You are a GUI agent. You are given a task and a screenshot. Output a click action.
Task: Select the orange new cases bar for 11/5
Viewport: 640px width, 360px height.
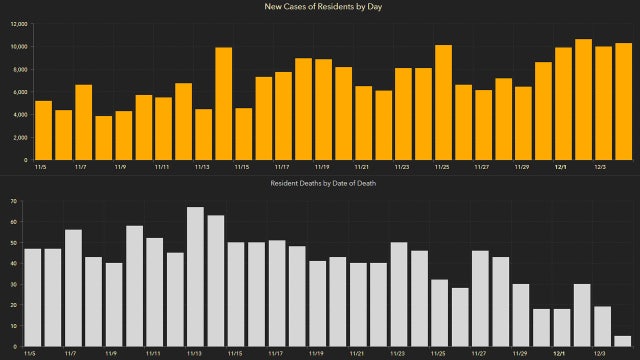(x=43, y=130)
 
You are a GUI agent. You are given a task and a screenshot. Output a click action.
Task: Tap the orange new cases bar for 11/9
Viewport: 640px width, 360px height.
(x=124, y=135)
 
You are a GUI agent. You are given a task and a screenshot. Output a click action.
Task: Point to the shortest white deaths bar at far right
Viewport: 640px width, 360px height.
(x=622, y=341)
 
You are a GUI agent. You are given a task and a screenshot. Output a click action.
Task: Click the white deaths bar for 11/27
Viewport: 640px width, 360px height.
(x=479, y=299)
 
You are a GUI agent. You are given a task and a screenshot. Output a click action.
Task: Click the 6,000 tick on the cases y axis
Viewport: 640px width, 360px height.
(x=19, y=91)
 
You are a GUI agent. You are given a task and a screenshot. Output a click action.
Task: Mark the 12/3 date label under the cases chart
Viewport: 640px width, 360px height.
(x=603, y=167)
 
